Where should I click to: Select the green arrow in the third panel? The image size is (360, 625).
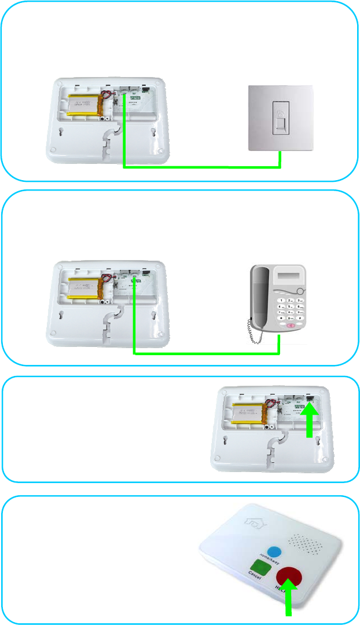tap(310, 423)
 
